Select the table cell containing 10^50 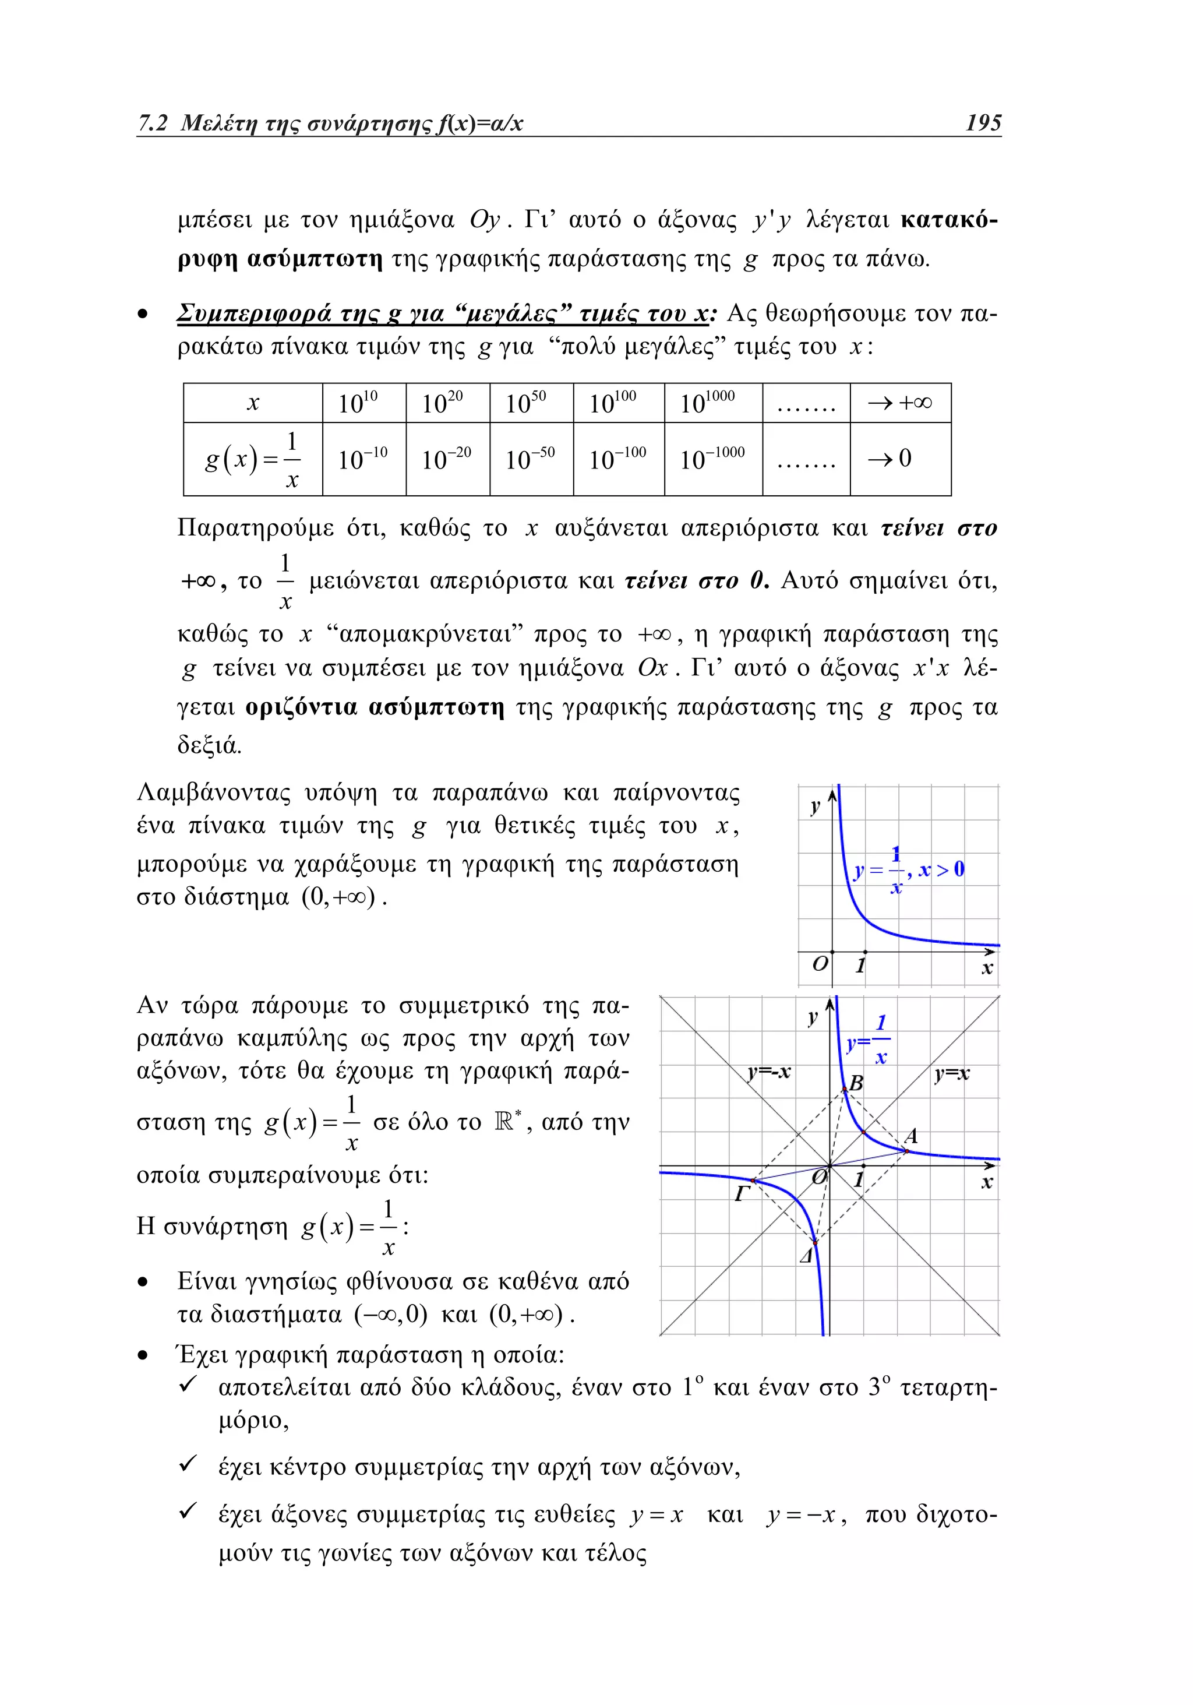531,403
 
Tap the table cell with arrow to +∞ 900,403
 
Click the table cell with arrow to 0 900,459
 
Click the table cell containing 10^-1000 712,459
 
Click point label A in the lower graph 911,1136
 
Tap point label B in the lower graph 856,1083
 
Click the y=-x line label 769,1072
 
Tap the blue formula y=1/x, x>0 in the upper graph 909,869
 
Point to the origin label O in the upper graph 820,964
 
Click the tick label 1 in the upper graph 860,966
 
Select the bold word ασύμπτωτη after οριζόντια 436,707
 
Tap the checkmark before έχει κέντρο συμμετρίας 188,1464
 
